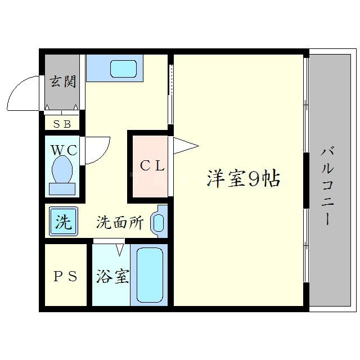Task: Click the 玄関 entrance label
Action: pyautogui.click(x=62, y=82)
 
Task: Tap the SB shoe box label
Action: pyautogui.click(x=62, y=124)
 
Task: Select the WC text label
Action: pyautogui.click(x=64, y=151)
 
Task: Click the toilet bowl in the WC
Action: pyautogui.click(x=62, y=168)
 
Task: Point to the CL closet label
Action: pyautogui.click(x=152, y=166)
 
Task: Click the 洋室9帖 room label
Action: pyautogui.click(x=243, y=179)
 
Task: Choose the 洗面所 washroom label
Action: pyautogui.click(x=120, y=223)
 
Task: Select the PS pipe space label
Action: pyautogui.click(x=66, y=277)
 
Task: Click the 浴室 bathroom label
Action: pyautogui.click(x=112, y=277)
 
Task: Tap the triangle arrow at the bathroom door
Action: pyautogui.click(x=120, y=247)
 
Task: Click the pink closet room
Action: pyautogui.click(x=148, y=166)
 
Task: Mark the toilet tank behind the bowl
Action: pyautogui.click(x=62, y=188)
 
